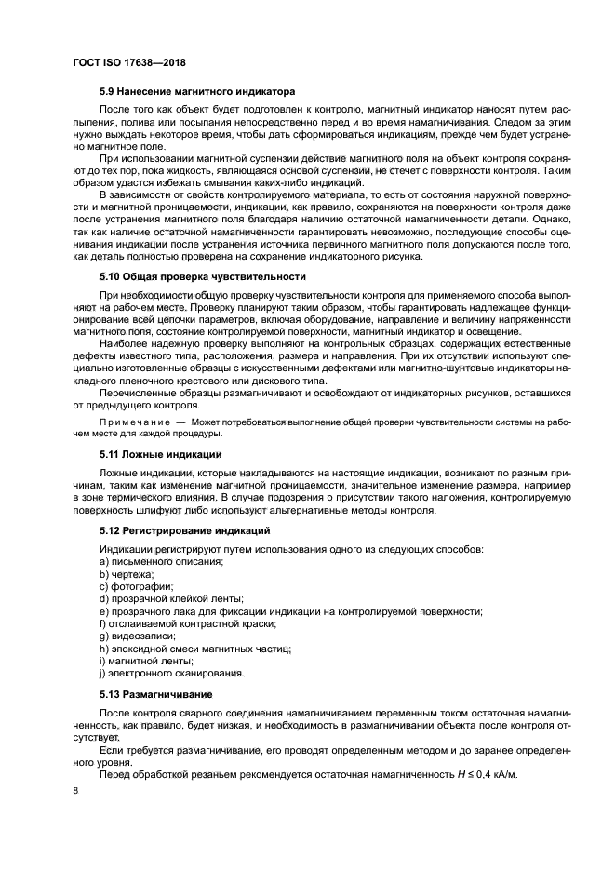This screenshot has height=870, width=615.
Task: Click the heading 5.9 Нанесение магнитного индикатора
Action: pos(196,92)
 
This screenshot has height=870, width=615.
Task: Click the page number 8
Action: pos(75,791)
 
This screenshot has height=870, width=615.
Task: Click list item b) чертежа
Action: pos(127,575)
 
